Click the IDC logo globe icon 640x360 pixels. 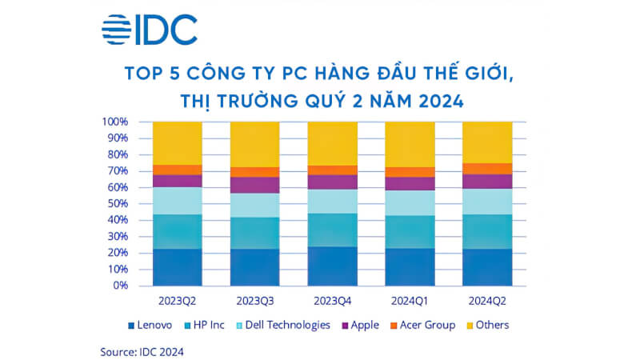[116, 30]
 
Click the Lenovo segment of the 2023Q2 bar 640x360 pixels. [178, 267]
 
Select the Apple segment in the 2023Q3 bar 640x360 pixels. [255, 186]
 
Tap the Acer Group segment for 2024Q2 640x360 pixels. [487, 169]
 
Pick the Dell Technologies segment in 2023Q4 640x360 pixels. [333, 202]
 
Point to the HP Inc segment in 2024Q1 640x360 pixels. [410, 232]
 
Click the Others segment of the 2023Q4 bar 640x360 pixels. [333, 144]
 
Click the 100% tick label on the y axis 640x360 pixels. [114, 122]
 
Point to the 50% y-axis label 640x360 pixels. [118, 204]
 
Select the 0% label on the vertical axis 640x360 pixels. [121, 286]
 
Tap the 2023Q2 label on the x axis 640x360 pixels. [177, 301]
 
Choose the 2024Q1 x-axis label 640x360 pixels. [410, 301]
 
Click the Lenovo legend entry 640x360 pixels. [150, 325]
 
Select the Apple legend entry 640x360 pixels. [361, 325]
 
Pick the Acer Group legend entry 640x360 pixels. [423, 325]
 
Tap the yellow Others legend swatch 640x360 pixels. [470, 326]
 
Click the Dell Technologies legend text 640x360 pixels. [288, 325]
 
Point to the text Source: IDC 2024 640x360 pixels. [142, 352]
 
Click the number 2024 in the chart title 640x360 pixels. [442, 101]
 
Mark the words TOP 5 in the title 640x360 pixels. [152, 73]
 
